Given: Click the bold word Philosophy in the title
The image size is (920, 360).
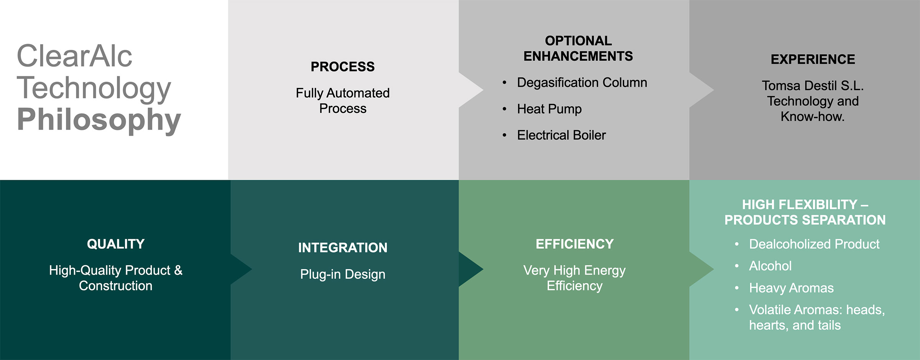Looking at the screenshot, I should point(99,120).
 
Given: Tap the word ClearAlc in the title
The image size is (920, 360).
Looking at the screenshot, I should point(74,56).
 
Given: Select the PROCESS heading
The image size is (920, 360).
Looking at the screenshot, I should point(342,67).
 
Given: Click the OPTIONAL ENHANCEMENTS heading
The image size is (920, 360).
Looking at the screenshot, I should point(578,48).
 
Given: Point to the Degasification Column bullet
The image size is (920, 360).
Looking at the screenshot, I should point(582,82).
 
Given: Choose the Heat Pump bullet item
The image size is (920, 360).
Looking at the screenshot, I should point(549,109).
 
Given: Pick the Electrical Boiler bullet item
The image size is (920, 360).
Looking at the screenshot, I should point(561,135).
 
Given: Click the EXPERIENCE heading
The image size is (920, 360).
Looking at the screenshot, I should point(813,59).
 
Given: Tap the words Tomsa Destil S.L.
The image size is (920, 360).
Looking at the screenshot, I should point(812,85).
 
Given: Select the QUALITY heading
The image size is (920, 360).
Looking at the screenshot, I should point(115,244).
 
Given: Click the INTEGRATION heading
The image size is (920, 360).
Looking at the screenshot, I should point(343,248).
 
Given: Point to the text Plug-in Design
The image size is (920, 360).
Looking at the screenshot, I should point(343,274).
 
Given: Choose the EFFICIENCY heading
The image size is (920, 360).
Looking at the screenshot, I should point(575,244).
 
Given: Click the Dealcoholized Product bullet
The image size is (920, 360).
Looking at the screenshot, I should point(814,244).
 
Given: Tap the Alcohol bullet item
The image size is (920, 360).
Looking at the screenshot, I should point(770,266).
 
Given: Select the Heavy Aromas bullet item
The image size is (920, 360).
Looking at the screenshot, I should point(791,288).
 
